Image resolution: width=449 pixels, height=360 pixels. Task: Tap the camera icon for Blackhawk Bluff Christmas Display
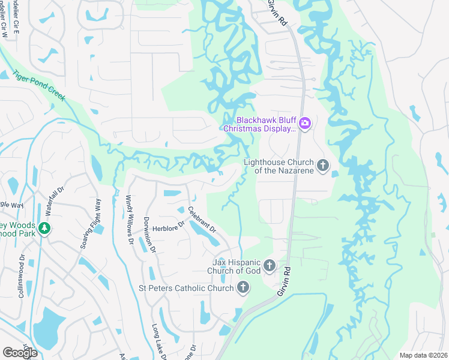(305, 124)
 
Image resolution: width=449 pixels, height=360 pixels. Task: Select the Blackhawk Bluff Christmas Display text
(259, 124)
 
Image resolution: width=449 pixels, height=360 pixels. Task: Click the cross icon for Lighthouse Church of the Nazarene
(323, 166)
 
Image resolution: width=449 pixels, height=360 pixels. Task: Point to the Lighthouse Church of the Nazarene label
(279, 166)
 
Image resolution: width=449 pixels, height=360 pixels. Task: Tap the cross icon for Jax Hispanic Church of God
(270, 265)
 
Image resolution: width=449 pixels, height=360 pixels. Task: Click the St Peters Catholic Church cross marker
(243, 289)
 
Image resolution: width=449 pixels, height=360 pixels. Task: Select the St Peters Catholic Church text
(186, 289)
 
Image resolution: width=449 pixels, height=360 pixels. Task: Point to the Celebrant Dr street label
(201, 220)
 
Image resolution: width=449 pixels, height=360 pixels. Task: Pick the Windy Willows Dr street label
(129, 220)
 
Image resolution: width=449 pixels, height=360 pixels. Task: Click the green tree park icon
(43, 229)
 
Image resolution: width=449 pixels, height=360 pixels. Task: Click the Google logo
(20, 352)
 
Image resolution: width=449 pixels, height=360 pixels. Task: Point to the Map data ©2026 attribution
(423, 355)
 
